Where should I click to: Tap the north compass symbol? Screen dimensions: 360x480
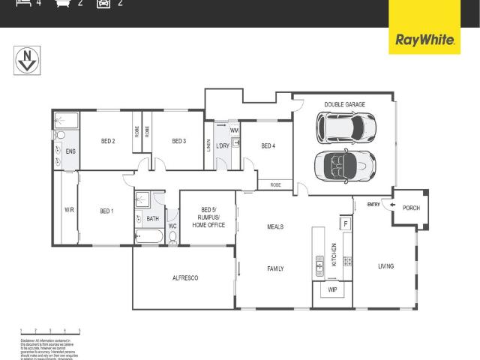click(x=27, y=60)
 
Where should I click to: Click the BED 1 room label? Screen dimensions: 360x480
click(x=106, y=211)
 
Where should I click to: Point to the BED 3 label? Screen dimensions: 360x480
click(x=178, y=141)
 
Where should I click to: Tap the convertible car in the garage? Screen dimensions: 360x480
click(x=345, y=164)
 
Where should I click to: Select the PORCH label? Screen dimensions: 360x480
click(x=411, y=208)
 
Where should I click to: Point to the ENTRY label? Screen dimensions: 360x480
click(x=373, y=204)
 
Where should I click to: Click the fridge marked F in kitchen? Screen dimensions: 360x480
click(x=345, y=223)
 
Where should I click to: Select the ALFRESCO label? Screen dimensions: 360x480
click(x=184, y=278)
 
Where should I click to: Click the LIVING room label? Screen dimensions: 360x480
click(x=385, y=266)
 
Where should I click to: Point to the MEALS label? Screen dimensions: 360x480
click(x=275, y=226)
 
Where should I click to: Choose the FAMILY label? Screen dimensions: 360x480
click(x=275, y=268)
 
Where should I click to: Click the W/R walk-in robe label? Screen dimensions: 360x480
click(x=69, y=211)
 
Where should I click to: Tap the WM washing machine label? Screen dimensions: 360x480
click(x=234, y=130)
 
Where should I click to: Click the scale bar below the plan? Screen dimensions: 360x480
click(x=49, y=330)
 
